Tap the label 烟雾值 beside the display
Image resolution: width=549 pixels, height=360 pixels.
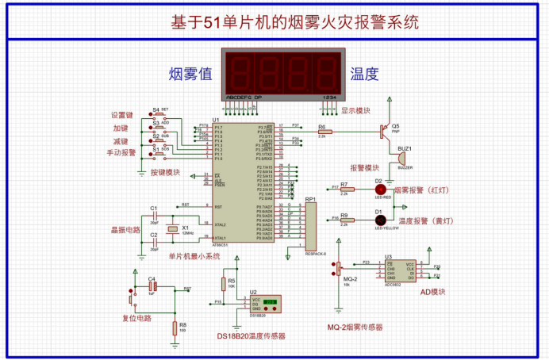(x=190, y=75)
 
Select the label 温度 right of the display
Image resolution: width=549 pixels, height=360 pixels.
(x=365, y=75)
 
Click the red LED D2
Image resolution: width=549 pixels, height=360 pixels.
(x=380, y=190)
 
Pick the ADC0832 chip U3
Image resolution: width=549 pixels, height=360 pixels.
(x=399, y=271)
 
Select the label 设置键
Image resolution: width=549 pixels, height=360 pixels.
(x=124, y=115)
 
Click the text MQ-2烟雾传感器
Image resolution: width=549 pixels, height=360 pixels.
(x=355, y=327)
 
